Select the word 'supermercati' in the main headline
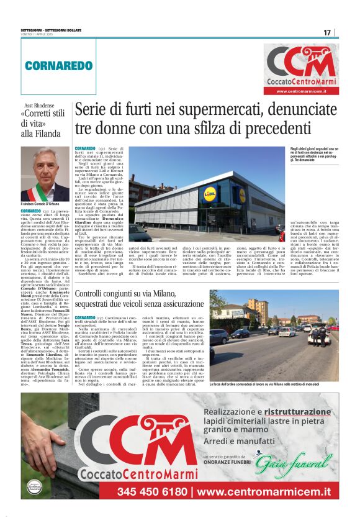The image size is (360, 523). coord(199,111)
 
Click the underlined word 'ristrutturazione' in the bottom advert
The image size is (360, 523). coord(297,412)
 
